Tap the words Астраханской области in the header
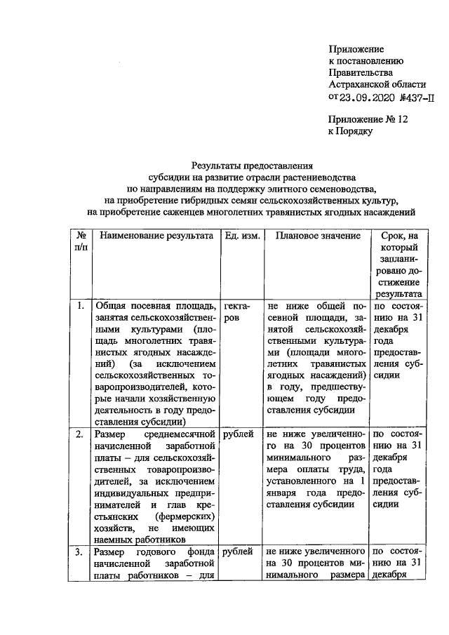373,84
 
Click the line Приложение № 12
368,119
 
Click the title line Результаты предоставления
252,166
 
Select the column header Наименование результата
155,236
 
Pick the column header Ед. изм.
242,236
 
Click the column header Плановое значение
317,236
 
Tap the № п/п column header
81,242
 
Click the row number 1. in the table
81,306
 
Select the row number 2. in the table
81,434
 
